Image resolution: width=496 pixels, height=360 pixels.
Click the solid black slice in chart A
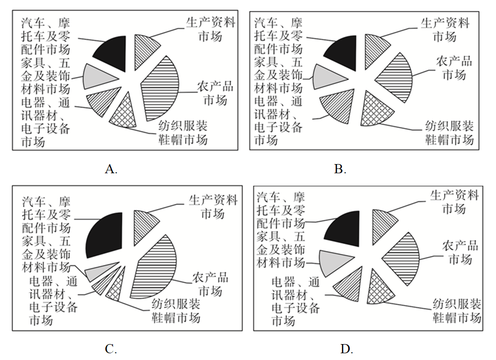click(x=113, y=53)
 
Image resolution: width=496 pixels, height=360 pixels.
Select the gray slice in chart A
click(x=97, y=77)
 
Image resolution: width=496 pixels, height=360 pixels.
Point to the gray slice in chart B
click(x=326, y=77)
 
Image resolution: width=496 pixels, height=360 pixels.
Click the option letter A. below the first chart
click(x=111, y=169)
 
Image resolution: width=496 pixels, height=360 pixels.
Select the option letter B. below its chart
click(x=340, y=169)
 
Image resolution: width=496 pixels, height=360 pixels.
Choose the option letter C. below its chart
click(x=111, y=349)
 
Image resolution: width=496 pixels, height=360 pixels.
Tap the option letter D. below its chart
click(x=347, y=349)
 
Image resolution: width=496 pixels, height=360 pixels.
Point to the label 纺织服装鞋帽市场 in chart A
click(x=183, y=133)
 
